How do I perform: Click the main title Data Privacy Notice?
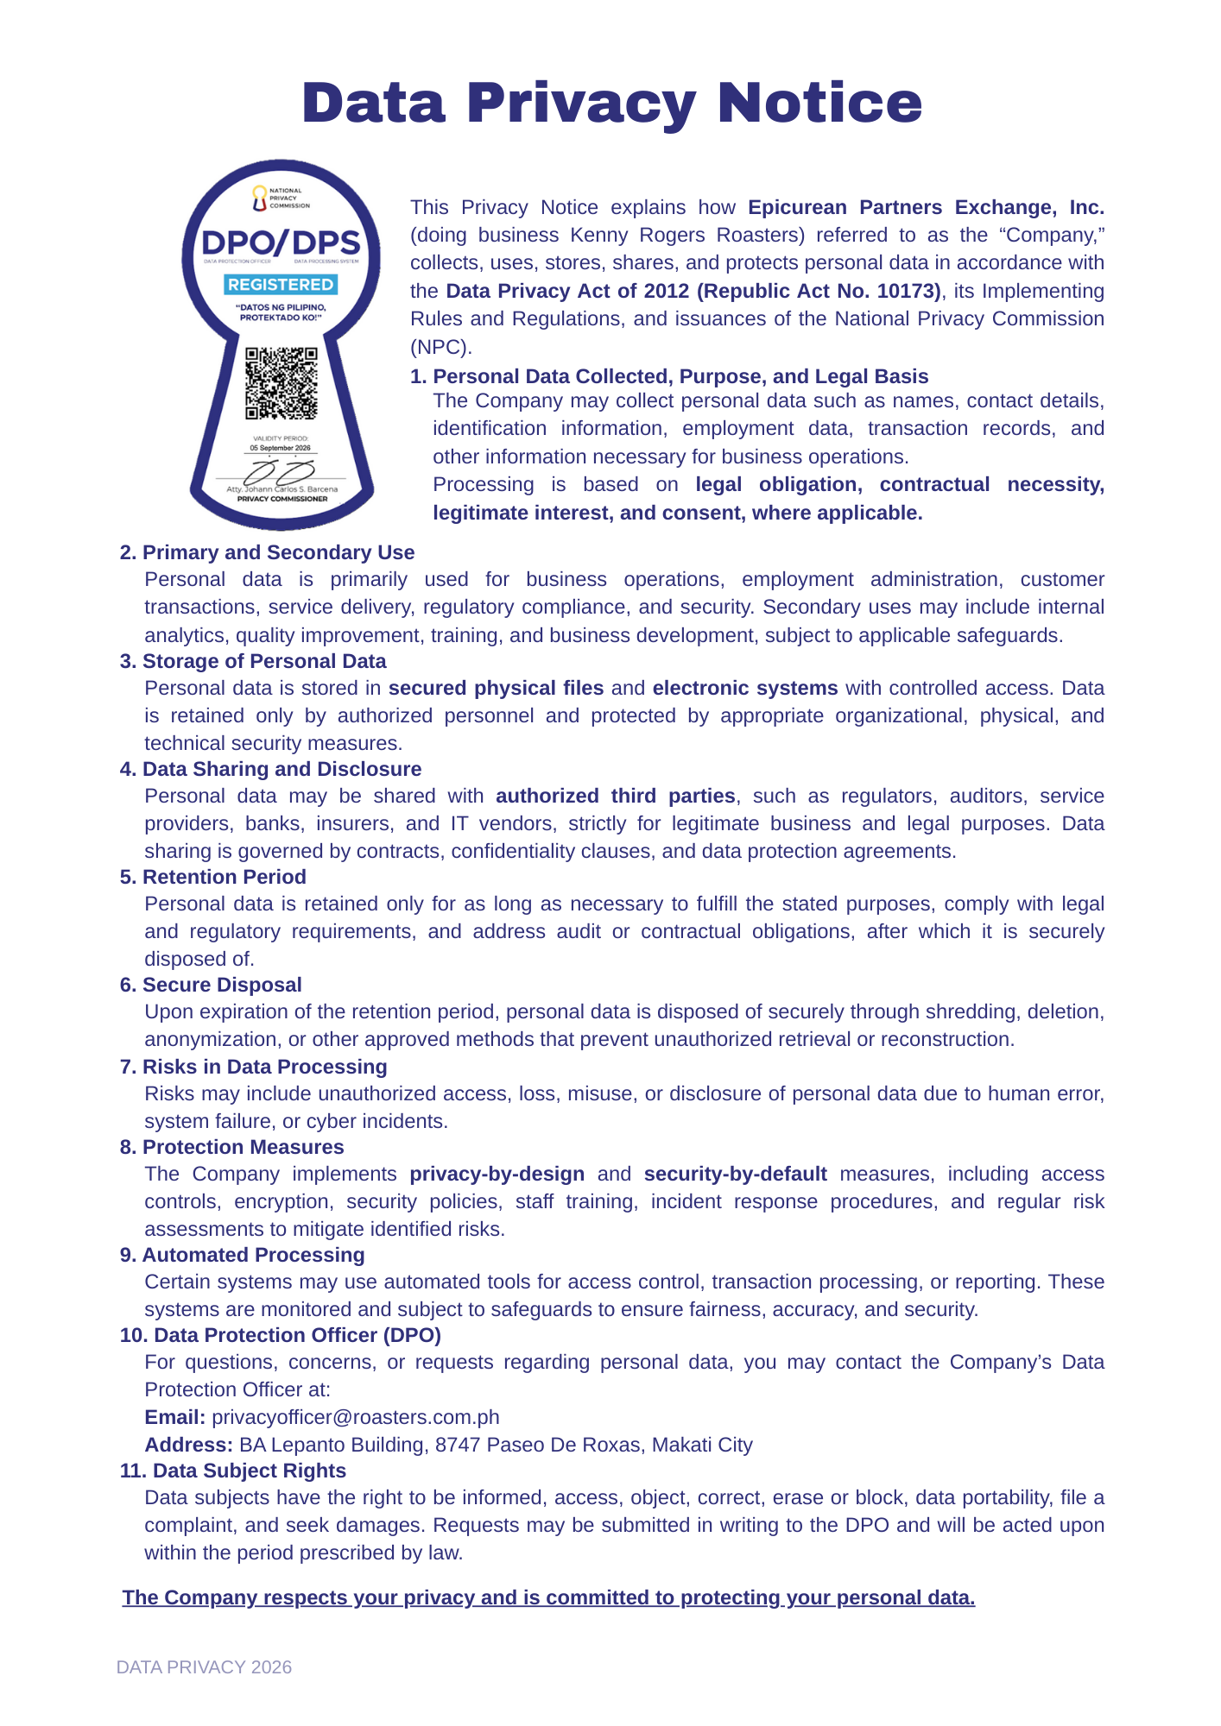pos(611,103)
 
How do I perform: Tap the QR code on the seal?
pos(282,383)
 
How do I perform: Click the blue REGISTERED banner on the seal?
pos(281,285)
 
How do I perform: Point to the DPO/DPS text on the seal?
pos(281,243)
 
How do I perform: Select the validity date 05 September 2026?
pos(281,449)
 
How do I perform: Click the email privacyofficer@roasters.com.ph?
pos(355,1417)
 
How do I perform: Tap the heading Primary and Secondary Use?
pos(278,552)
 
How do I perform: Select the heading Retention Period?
pos(224,877)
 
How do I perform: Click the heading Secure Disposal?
pos(222,985)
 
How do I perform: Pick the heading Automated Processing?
pos(253,1255)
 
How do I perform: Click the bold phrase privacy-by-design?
pos(497,1174)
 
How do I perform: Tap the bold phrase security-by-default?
pos(735,1174)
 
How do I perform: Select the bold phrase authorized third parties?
pos(615,796)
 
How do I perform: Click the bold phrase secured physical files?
pos(496,688)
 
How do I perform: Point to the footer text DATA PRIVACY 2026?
pos(204,1667)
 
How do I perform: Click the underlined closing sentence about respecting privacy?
pos(548,1597)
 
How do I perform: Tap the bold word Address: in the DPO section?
pos(188,1445)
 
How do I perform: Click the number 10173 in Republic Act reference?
pos(906,291)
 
